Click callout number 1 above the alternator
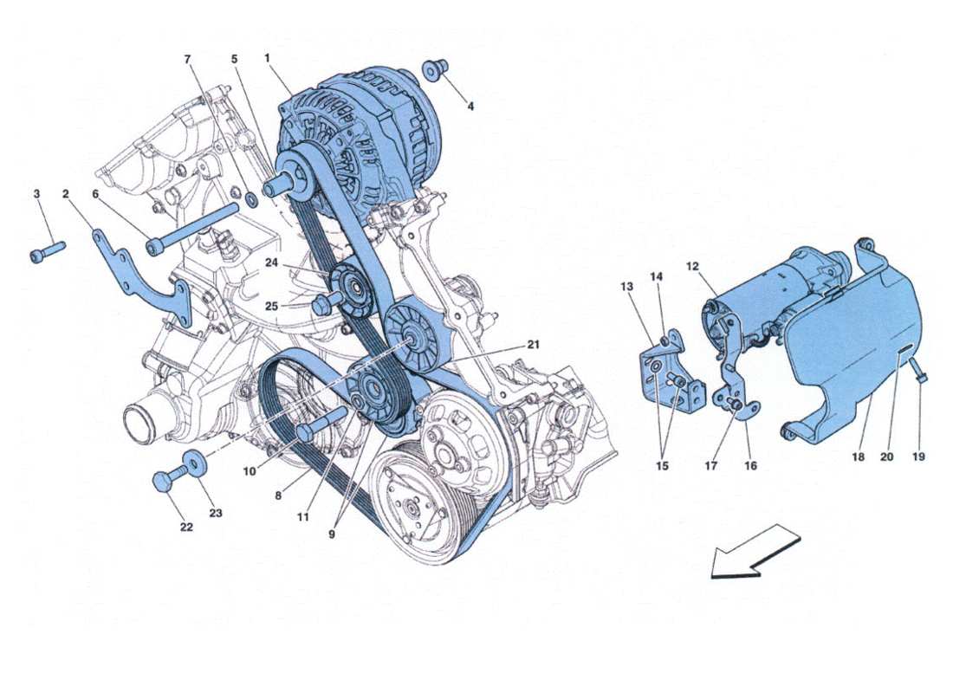coord(268,57)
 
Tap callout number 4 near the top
coord(470,107)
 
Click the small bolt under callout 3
coord(48,250)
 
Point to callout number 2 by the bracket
coord(66,195)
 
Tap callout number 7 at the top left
coord(187,59)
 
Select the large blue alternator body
coord(360,143)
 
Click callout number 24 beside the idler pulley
coord(271,263)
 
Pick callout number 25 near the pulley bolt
coord(271,305)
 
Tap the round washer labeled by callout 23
coord(195,463)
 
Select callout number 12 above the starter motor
coord(692,266)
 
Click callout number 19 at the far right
coord(918,457)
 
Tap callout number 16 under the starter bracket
coord(750,465)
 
